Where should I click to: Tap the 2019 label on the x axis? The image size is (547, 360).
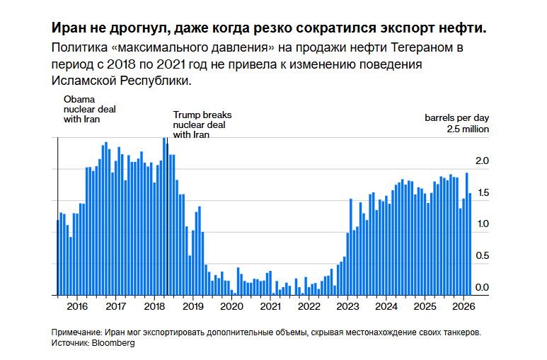[193, 306]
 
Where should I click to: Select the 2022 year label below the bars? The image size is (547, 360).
[309, 306]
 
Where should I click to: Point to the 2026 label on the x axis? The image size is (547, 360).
[463, 306]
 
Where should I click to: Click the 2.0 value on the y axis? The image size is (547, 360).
[482, 161]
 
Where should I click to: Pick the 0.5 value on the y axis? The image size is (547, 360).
[482, 255]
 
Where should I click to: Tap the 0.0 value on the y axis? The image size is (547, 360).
[482, 287]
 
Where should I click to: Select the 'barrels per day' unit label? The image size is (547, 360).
[456, 118]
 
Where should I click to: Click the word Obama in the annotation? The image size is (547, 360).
[79, 100]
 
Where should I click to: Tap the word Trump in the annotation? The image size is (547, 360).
[187, 115]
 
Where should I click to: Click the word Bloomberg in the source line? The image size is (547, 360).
[113, 343]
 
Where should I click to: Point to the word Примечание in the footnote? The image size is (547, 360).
[76, 332]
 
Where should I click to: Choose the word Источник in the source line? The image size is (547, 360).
[69, 343]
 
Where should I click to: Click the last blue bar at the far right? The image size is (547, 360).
[470, 244]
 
